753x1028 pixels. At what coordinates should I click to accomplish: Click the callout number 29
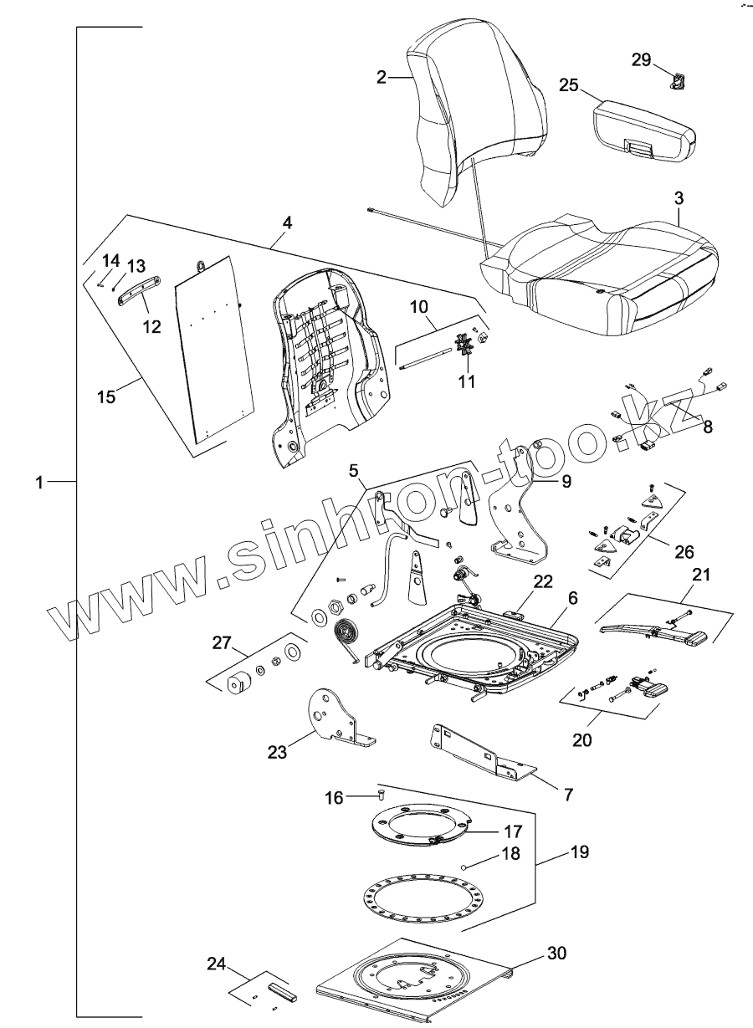tap(640, 60)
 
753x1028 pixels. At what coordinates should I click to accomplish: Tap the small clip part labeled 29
tap(679, 80)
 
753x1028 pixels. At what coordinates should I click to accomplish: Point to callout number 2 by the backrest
tap(382, 77)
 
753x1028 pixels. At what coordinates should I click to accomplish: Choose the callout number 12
tap(151, 326)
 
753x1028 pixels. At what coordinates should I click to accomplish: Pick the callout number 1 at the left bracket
tap(38, 483)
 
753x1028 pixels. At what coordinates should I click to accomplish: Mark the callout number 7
tap(568, 795)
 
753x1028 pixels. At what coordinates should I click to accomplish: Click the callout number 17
tap(513, 831)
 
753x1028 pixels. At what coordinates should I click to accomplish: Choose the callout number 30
tap(556, 953)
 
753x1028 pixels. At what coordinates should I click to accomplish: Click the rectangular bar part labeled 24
tap(283, 992)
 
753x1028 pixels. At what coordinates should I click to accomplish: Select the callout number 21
tap(700, 575)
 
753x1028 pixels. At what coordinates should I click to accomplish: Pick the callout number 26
tap(684, 553)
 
